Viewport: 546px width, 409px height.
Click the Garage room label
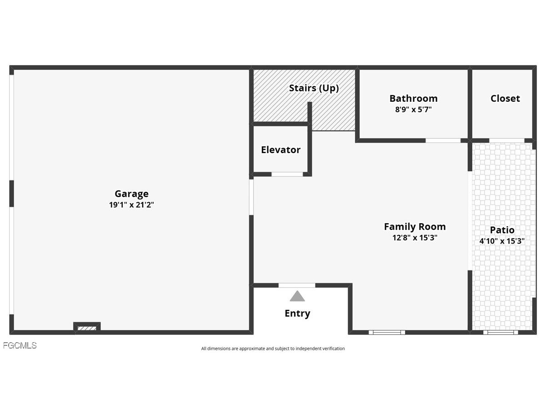tap(131, 194)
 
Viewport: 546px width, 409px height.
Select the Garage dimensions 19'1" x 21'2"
tap(131, 205)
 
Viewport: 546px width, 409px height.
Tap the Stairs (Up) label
tap(314, 88)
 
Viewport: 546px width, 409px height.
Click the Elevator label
tap(281, 150)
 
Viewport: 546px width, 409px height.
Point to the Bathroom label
tap(413, 99)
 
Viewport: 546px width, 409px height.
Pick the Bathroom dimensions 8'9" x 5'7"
tap(413, 110)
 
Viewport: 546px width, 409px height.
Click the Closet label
tap(505, 99)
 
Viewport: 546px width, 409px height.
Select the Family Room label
tap(415, 227)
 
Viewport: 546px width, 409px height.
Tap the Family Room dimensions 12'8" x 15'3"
tap(415, 238)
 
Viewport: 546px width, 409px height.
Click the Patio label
tap(502, 230)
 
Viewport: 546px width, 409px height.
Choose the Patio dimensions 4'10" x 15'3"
tap(502, 241)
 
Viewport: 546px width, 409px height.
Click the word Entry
tap(297, 314)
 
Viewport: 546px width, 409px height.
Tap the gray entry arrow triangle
tap(297, 297)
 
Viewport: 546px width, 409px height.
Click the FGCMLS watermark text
tap(20, 346)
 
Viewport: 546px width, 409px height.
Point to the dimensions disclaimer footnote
tap(273, 349)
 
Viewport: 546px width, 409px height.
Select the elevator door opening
tap(287, 174)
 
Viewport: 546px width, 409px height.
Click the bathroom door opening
tap(443, 140)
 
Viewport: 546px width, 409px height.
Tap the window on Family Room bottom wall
tap(386, 332)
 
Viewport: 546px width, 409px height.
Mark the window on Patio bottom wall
tap(500, 332)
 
